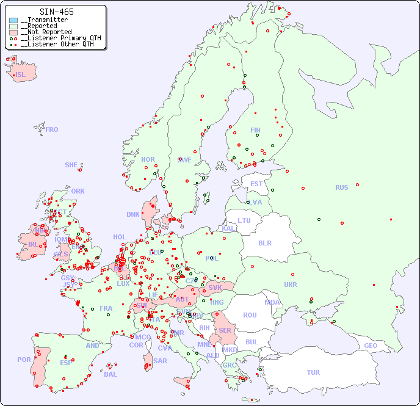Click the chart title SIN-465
(x=56, y=12)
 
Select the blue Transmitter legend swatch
(x=13, y=20)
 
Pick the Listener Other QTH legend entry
(x=57, y=44)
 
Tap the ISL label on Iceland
(x=21, y=75)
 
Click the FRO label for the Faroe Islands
(x=52, y=129)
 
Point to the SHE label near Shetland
(x=71, y=165)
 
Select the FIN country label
(x=255, y=130)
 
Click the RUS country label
(x=341, y=187)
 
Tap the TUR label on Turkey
(x=313, y=372)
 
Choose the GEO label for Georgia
(x=371, y=346)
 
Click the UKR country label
(x=291, y=285)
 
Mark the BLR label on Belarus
(x=264, y=242)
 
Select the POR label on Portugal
(x=24, y=360)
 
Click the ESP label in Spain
(x=66, y=362)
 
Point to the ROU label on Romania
(x=250, y=315)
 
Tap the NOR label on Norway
(x=148, y=159)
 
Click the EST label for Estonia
(x=256, y=184)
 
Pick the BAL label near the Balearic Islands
(x=110, y=374)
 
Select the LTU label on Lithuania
(x=244, y=220)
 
